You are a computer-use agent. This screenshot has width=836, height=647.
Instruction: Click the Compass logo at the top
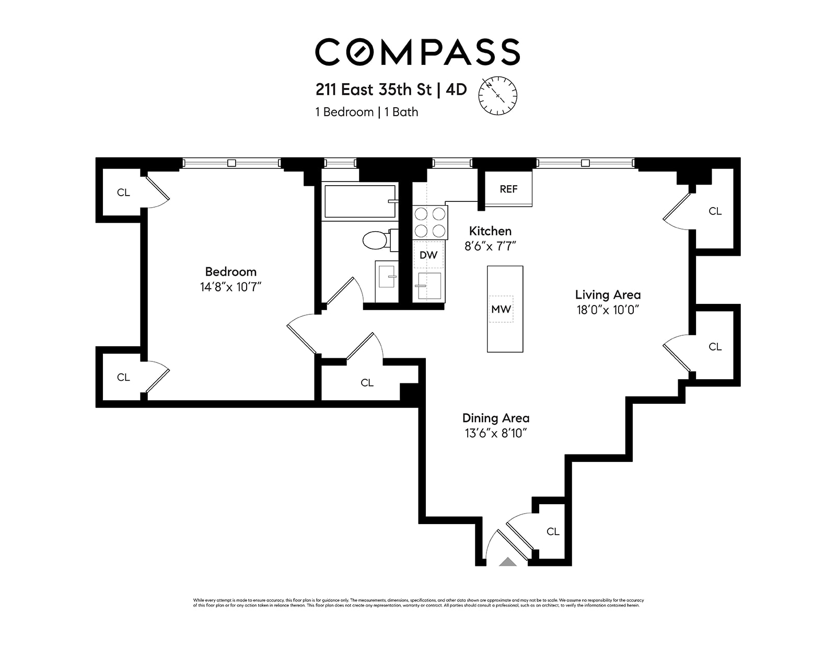coord(417,52)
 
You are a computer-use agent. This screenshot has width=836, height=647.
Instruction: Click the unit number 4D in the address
coord(456,90)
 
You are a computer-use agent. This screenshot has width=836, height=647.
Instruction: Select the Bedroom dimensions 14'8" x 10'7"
coord(230,287)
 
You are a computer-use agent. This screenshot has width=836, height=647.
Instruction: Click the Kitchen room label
coord(490,231)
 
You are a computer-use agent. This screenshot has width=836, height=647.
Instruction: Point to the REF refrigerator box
coord(508,189)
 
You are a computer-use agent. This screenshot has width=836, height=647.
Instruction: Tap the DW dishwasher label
coord(428,255)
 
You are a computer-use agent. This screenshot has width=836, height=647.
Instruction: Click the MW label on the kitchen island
coord(501,309)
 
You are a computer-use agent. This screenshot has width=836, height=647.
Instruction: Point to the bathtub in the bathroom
coord(359,201)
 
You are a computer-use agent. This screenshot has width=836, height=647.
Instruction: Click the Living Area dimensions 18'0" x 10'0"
coord(608,310)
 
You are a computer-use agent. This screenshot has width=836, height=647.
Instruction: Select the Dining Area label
coord(495,418)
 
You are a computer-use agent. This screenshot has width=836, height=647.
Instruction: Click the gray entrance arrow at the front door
coord(507,562)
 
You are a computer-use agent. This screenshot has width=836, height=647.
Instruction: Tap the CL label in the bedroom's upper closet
coord(123,192)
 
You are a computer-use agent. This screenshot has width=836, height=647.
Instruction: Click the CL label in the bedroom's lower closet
coord(123,377)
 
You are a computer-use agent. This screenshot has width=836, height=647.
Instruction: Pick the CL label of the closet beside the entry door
coord(553,531)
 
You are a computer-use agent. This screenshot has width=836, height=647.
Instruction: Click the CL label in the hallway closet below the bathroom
coord(367,383)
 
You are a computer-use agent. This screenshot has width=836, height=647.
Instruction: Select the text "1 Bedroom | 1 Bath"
coord(366,112)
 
